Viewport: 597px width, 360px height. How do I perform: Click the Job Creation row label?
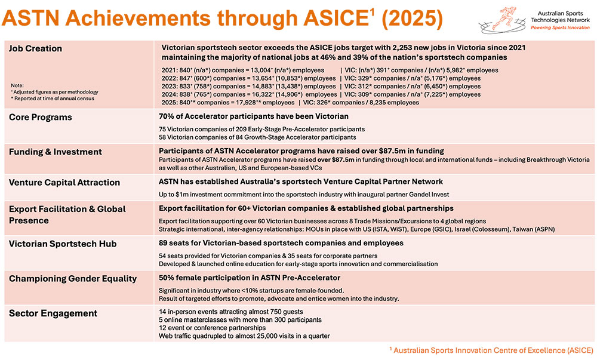35,48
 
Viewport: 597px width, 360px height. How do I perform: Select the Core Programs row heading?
40,117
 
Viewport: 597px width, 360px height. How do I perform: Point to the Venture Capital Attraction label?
64,182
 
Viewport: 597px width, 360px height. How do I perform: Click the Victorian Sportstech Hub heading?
63,244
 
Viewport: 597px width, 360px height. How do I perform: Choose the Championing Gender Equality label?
73,278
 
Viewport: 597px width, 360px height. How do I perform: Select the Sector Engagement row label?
53,313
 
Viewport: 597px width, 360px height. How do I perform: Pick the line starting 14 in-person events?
232,311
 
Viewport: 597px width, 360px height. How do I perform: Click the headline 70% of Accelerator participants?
253,116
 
